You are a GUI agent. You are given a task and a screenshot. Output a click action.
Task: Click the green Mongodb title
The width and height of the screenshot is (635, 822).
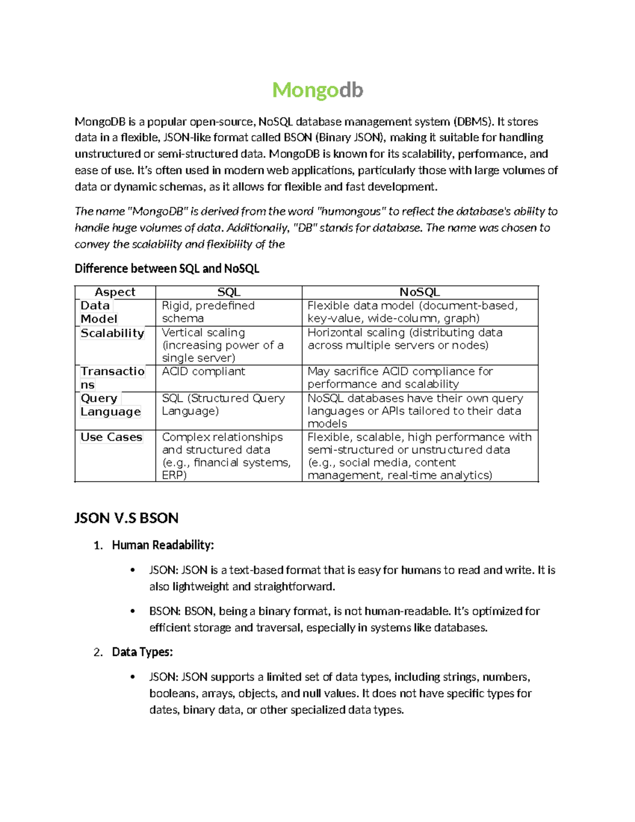click(x=317, y=91)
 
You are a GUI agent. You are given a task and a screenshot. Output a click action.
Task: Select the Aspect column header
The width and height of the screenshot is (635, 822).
click(x=115, y=292)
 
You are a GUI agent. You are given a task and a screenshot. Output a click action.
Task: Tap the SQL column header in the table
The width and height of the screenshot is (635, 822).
click(x=229, y=292)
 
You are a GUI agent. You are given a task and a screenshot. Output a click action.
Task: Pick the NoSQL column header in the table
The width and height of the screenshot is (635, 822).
click(x=420, y=292)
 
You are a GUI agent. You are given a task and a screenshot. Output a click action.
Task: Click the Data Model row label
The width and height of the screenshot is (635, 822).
click(x=98, y=312)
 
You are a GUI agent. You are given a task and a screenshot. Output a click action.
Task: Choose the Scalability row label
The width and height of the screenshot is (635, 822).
click(x=112, y=333)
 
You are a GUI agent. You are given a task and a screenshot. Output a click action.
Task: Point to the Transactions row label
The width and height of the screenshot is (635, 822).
click(x=112, y=378)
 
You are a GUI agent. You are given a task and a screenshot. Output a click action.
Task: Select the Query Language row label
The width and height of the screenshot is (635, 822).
click(x=111, y=405)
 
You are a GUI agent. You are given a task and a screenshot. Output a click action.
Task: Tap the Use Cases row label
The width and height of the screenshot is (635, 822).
click(x=111, y=437)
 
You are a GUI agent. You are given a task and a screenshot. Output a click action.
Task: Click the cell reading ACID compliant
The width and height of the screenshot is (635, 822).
click(x=203, y=372)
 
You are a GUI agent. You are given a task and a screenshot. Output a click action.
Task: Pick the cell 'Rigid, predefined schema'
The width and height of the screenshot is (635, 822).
click(x=208, y=312)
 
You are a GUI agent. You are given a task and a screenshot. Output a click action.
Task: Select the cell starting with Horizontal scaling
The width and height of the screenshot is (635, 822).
click(x=405, y=339)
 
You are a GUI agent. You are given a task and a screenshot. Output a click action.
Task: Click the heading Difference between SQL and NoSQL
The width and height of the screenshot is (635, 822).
click(x=167, y=268)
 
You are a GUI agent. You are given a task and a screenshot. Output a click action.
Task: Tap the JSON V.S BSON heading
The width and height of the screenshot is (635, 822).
click(x=126, y=518)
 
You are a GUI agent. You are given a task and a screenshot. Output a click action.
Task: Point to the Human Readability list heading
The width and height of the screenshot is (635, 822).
click(x=163, y=545)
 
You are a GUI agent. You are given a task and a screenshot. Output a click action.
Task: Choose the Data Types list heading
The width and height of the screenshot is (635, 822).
click(x=142, y=652)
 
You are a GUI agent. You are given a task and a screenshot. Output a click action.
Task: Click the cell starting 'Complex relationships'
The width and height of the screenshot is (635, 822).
click(x=226, y=456)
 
